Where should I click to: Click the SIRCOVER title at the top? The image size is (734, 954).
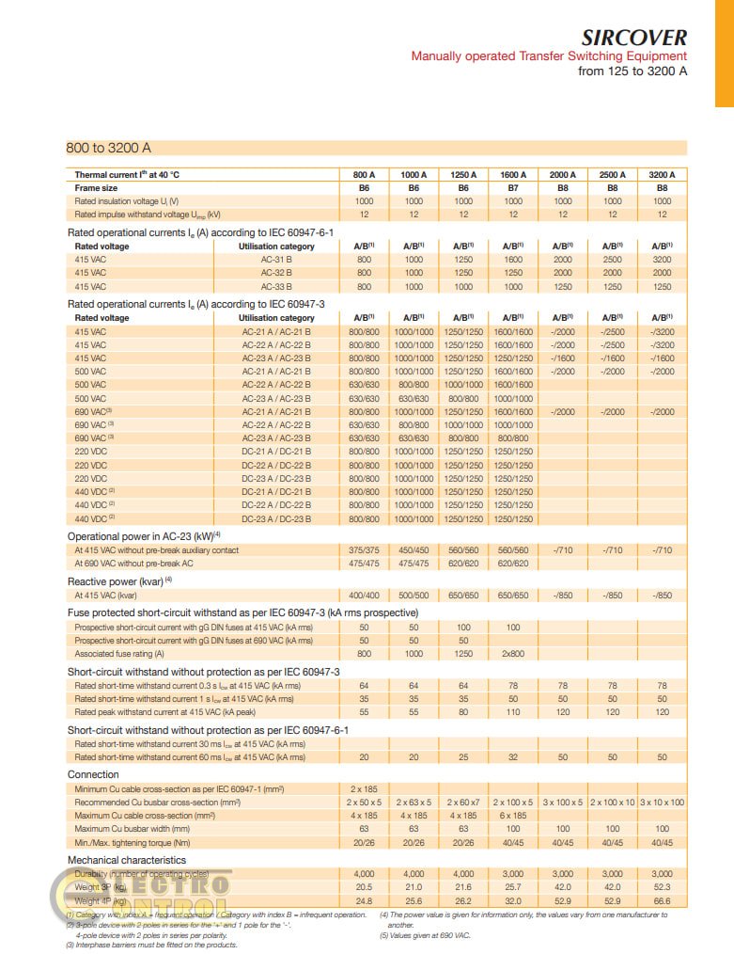pyautogui.click(x=633, y=38)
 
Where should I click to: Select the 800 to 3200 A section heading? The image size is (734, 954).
pyautogui.click(x=108, y=148)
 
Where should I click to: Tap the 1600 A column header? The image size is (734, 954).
pyautogui.click(x=513, y=175)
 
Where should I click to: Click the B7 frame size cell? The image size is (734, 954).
pyautogui.click(x=513, y=188)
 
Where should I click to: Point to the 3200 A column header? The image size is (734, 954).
pyautogui.click(x=662, y=175)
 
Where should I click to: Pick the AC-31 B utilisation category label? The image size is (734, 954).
pyautogui.click(x=276, y=260)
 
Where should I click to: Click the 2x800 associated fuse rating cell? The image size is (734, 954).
pyautogui.click(x=513, y=653)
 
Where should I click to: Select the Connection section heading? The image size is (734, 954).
pyautogui.click(x=93, y=774)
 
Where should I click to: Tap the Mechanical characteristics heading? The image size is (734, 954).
pyautogui.click(x=127, y=860)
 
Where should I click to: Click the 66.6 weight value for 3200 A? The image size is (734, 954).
pyautogui.click(x=662, y=900)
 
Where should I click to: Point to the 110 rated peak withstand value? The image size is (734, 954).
pyautogui.click(x=513, y=712)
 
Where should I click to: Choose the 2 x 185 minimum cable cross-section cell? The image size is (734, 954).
pyautogui.click(x=364, y=788)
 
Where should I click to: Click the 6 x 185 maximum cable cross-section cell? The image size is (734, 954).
pyautogui.click(x=513, y=815)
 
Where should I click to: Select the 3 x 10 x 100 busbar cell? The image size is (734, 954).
pyautogui.click(x=662, y=802)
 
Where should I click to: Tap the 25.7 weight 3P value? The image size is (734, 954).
pyautogui.click(x=513, y=887)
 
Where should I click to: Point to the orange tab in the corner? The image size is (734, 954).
pyautogui.click(x=724, y=53)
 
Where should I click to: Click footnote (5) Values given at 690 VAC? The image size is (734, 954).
pyautogui.click(x=427, y=935)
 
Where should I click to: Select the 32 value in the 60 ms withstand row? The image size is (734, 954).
pyautogui.click(x=513, y=756)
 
